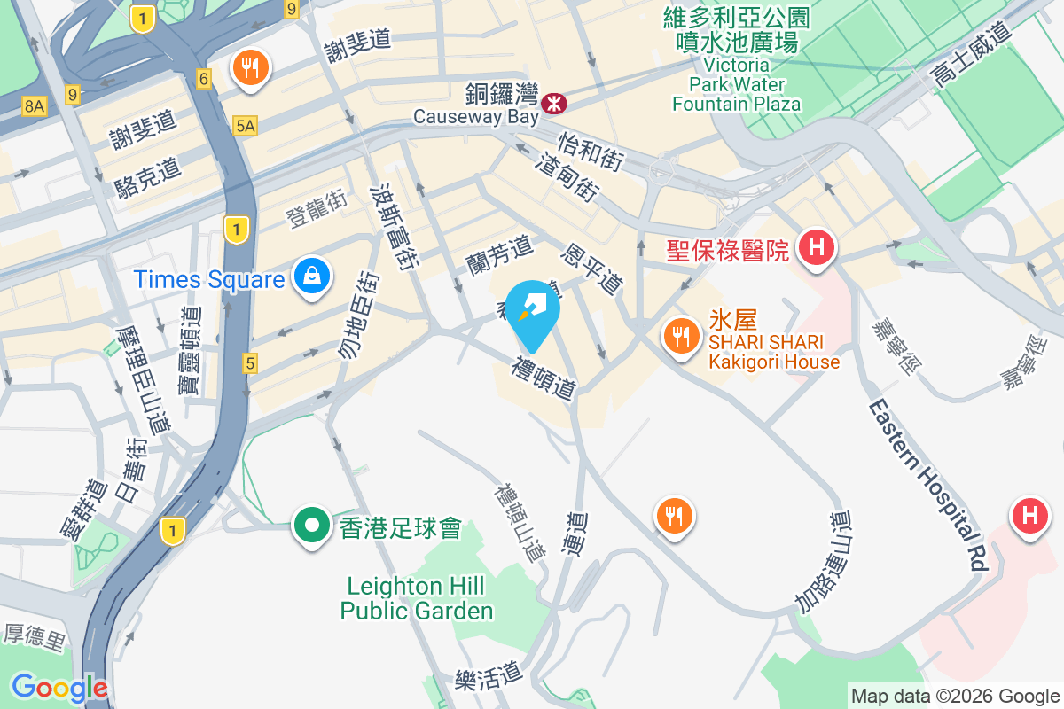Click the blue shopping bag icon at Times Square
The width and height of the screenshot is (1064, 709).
[312, 276]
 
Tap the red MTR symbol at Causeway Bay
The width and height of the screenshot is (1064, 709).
[555, 104]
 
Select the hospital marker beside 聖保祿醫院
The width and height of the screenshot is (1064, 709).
[817, 245]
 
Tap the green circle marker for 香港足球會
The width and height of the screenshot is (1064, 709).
[312, 526]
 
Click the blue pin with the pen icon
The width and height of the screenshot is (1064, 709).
[536, 308]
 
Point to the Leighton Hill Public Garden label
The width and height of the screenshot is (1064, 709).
[416, 598]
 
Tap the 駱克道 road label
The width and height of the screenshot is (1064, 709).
[147, 175]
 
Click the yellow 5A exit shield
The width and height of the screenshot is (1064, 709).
[246, 127]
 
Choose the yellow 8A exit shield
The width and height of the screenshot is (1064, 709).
[34, 106]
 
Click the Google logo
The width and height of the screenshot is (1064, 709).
[59, 687]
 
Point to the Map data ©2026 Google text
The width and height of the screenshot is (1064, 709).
[955, 696]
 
